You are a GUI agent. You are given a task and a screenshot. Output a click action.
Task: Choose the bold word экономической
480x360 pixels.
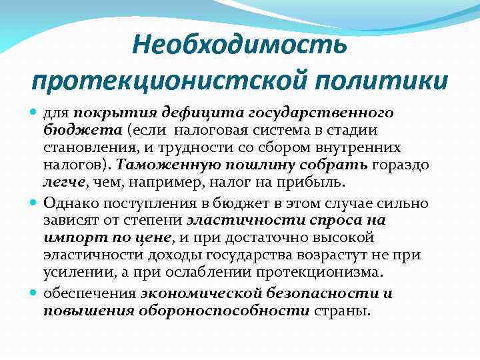[x=194, y=294]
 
